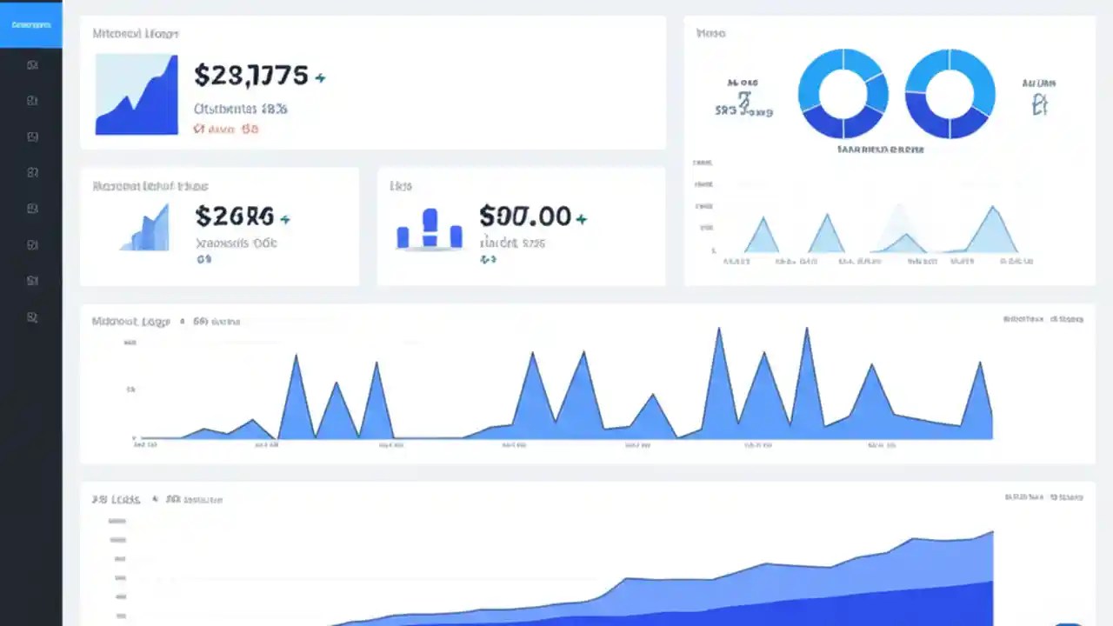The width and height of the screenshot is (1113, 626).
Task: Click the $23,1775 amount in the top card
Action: point(250,76)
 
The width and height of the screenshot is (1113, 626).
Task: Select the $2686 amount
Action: point(234,216)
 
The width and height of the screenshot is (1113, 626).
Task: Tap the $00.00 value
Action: point(525,216)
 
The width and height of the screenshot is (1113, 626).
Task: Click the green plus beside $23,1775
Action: point(320,78)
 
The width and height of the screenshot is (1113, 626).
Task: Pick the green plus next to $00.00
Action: point(582,219)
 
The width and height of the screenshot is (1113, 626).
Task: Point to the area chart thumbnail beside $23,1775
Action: point(137,95)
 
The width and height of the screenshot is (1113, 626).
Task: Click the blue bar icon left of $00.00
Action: point(430,230)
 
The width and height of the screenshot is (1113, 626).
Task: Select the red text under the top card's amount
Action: point(225,130)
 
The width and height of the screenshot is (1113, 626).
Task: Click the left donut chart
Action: point(843,93)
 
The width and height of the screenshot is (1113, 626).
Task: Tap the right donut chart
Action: point(950,93)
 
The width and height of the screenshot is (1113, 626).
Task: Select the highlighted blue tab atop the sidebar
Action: point(31,24)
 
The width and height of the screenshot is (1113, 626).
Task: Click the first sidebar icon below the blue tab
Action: point(32,64)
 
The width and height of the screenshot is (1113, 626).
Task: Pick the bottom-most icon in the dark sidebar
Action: point(32,317)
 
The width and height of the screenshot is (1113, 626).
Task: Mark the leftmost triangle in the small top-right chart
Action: point(763,236)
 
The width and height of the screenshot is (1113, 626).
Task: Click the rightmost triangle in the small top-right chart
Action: point(992,230)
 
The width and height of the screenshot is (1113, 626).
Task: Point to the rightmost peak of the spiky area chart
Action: point(981,365)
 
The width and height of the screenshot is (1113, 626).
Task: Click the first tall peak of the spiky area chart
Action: point(296,358)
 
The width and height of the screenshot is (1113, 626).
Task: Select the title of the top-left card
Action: point(135,34)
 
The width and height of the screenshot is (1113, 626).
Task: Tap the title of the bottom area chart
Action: point(116,500)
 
